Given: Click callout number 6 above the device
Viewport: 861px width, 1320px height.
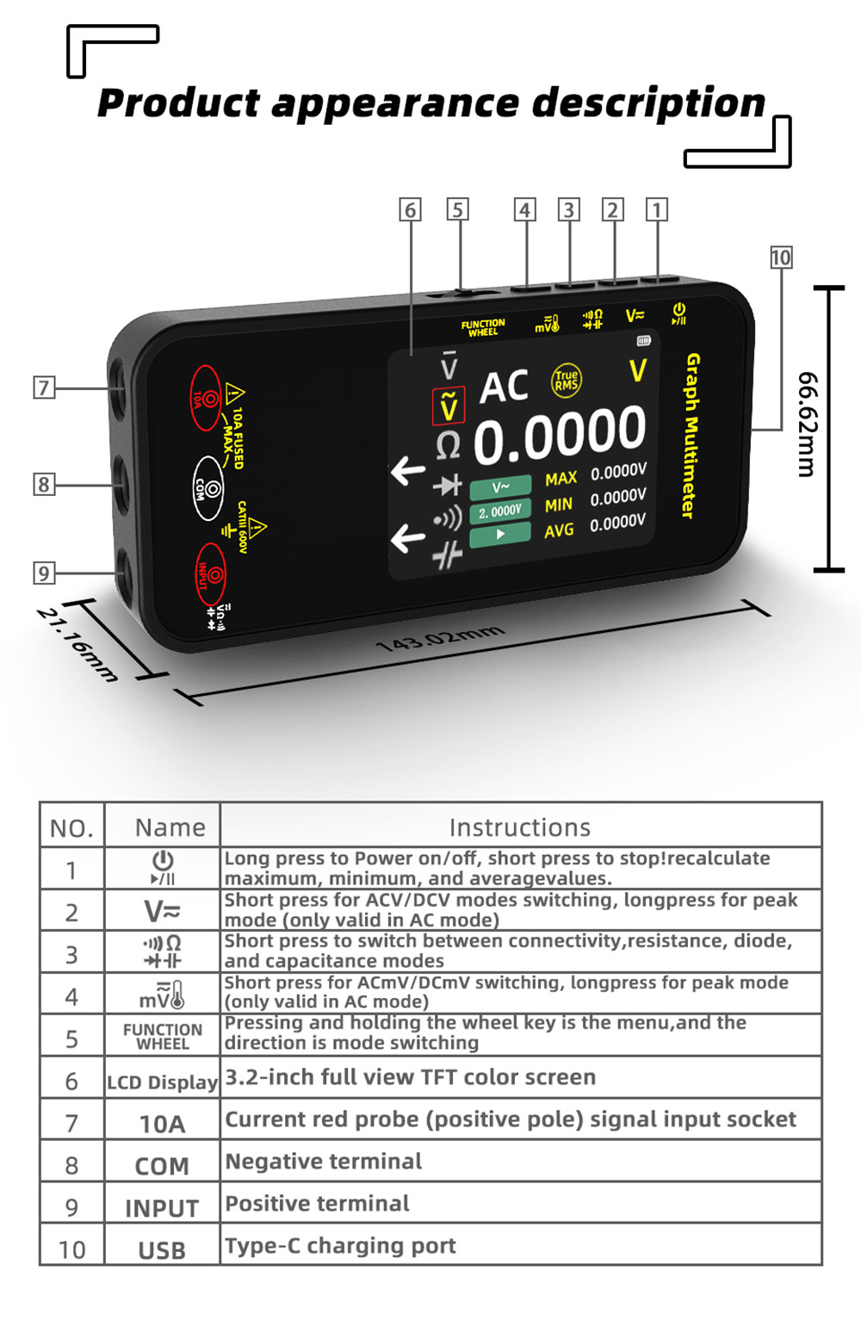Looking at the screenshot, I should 411,209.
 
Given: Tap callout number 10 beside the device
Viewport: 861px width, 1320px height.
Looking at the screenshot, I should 781,257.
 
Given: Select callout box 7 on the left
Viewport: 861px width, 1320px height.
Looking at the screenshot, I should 44,387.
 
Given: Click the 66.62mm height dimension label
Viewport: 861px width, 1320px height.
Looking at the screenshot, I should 807,424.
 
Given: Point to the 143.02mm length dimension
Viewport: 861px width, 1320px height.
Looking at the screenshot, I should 440,639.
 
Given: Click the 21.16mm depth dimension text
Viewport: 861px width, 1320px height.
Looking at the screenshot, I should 77,644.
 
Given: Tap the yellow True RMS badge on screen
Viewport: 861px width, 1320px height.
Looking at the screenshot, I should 566,380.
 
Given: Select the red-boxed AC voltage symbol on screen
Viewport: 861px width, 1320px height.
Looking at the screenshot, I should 448,406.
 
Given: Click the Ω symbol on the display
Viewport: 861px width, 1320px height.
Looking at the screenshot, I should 448,446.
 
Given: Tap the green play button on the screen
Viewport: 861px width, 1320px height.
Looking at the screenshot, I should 500,535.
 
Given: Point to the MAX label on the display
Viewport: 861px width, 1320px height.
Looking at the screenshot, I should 561,479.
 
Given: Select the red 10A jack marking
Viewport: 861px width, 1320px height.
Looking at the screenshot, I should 206,398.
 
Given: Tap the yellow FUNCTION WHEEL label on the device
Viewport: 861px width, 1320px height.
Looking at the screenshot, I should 483,327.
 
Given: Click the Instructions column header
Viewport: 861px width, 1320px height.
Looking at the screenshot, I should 520,827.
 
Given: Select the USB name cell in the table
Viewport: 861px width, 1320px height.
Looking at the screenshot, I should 162,1250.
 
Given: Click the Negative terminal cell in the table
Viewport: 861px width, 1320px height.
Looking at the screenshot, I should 324,1162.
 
